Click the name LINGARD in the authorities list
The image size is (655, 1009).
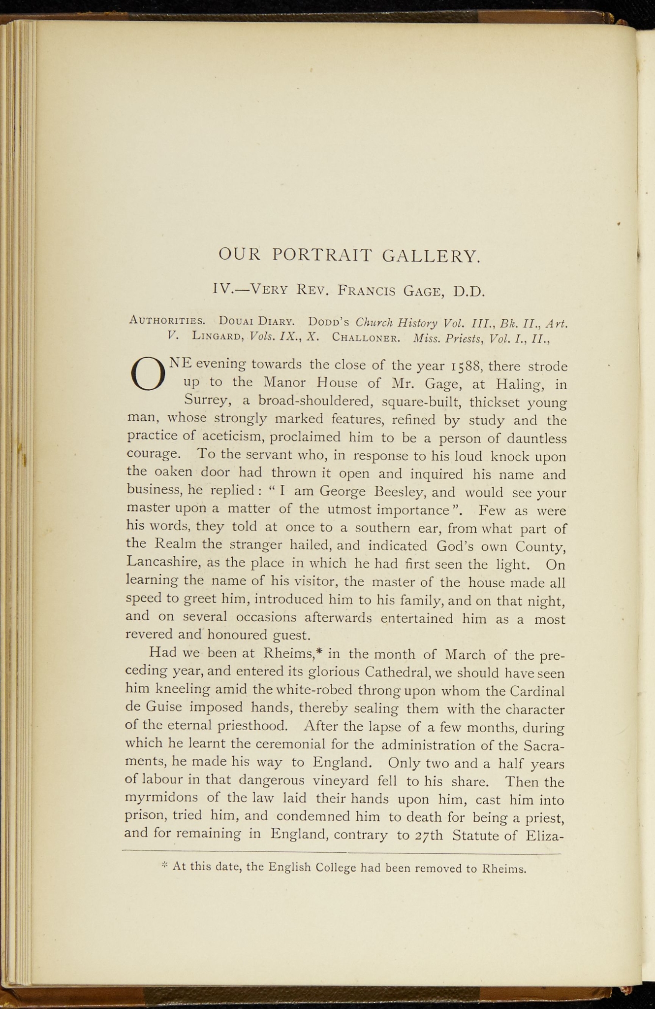[x=218, y=337]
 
